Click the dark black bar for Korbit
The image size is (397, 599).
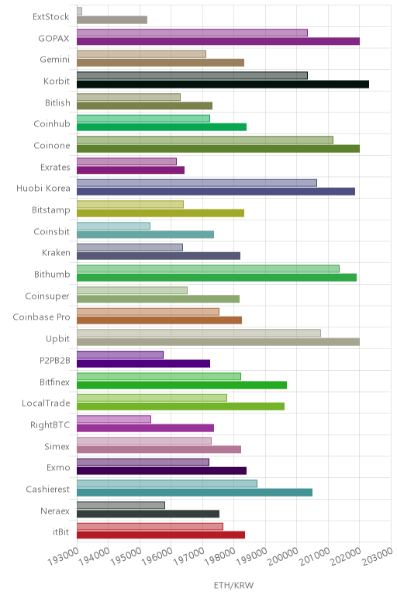point(223,85)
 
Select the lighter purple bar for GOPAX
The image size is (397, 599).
point(192,33)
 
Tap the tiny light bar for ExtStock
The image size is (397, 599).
point(79,11)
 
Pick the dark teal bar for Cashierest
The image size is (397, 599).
point(195,493)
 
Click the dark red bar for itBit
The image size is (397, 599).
point(161,535)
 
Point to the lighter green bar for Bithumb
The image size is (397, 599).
point(208,268)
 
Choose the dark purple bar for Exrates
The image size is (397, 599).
point(130,170)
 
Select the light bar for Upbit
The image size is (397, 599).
point(198,333)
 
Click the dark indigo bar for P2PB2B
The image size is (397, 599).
point(143,364)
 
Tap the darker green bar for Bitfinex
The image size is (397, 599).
point(181,385)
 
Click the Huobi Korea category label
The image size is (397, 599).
point(43,189)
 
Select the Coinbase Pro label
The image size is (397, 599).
point(41,317)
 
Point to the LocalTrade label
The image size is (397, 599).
point(46,403)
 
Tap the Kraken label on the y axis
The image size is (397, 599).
point(56,252)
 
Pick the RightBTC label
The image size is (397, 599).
point(50,424)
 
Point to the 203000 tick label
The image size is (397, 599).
point(377,556)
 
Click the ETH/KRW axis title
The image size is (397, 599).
point(233,585)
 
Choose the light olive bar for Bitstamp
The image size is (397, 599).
point(130,204)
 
